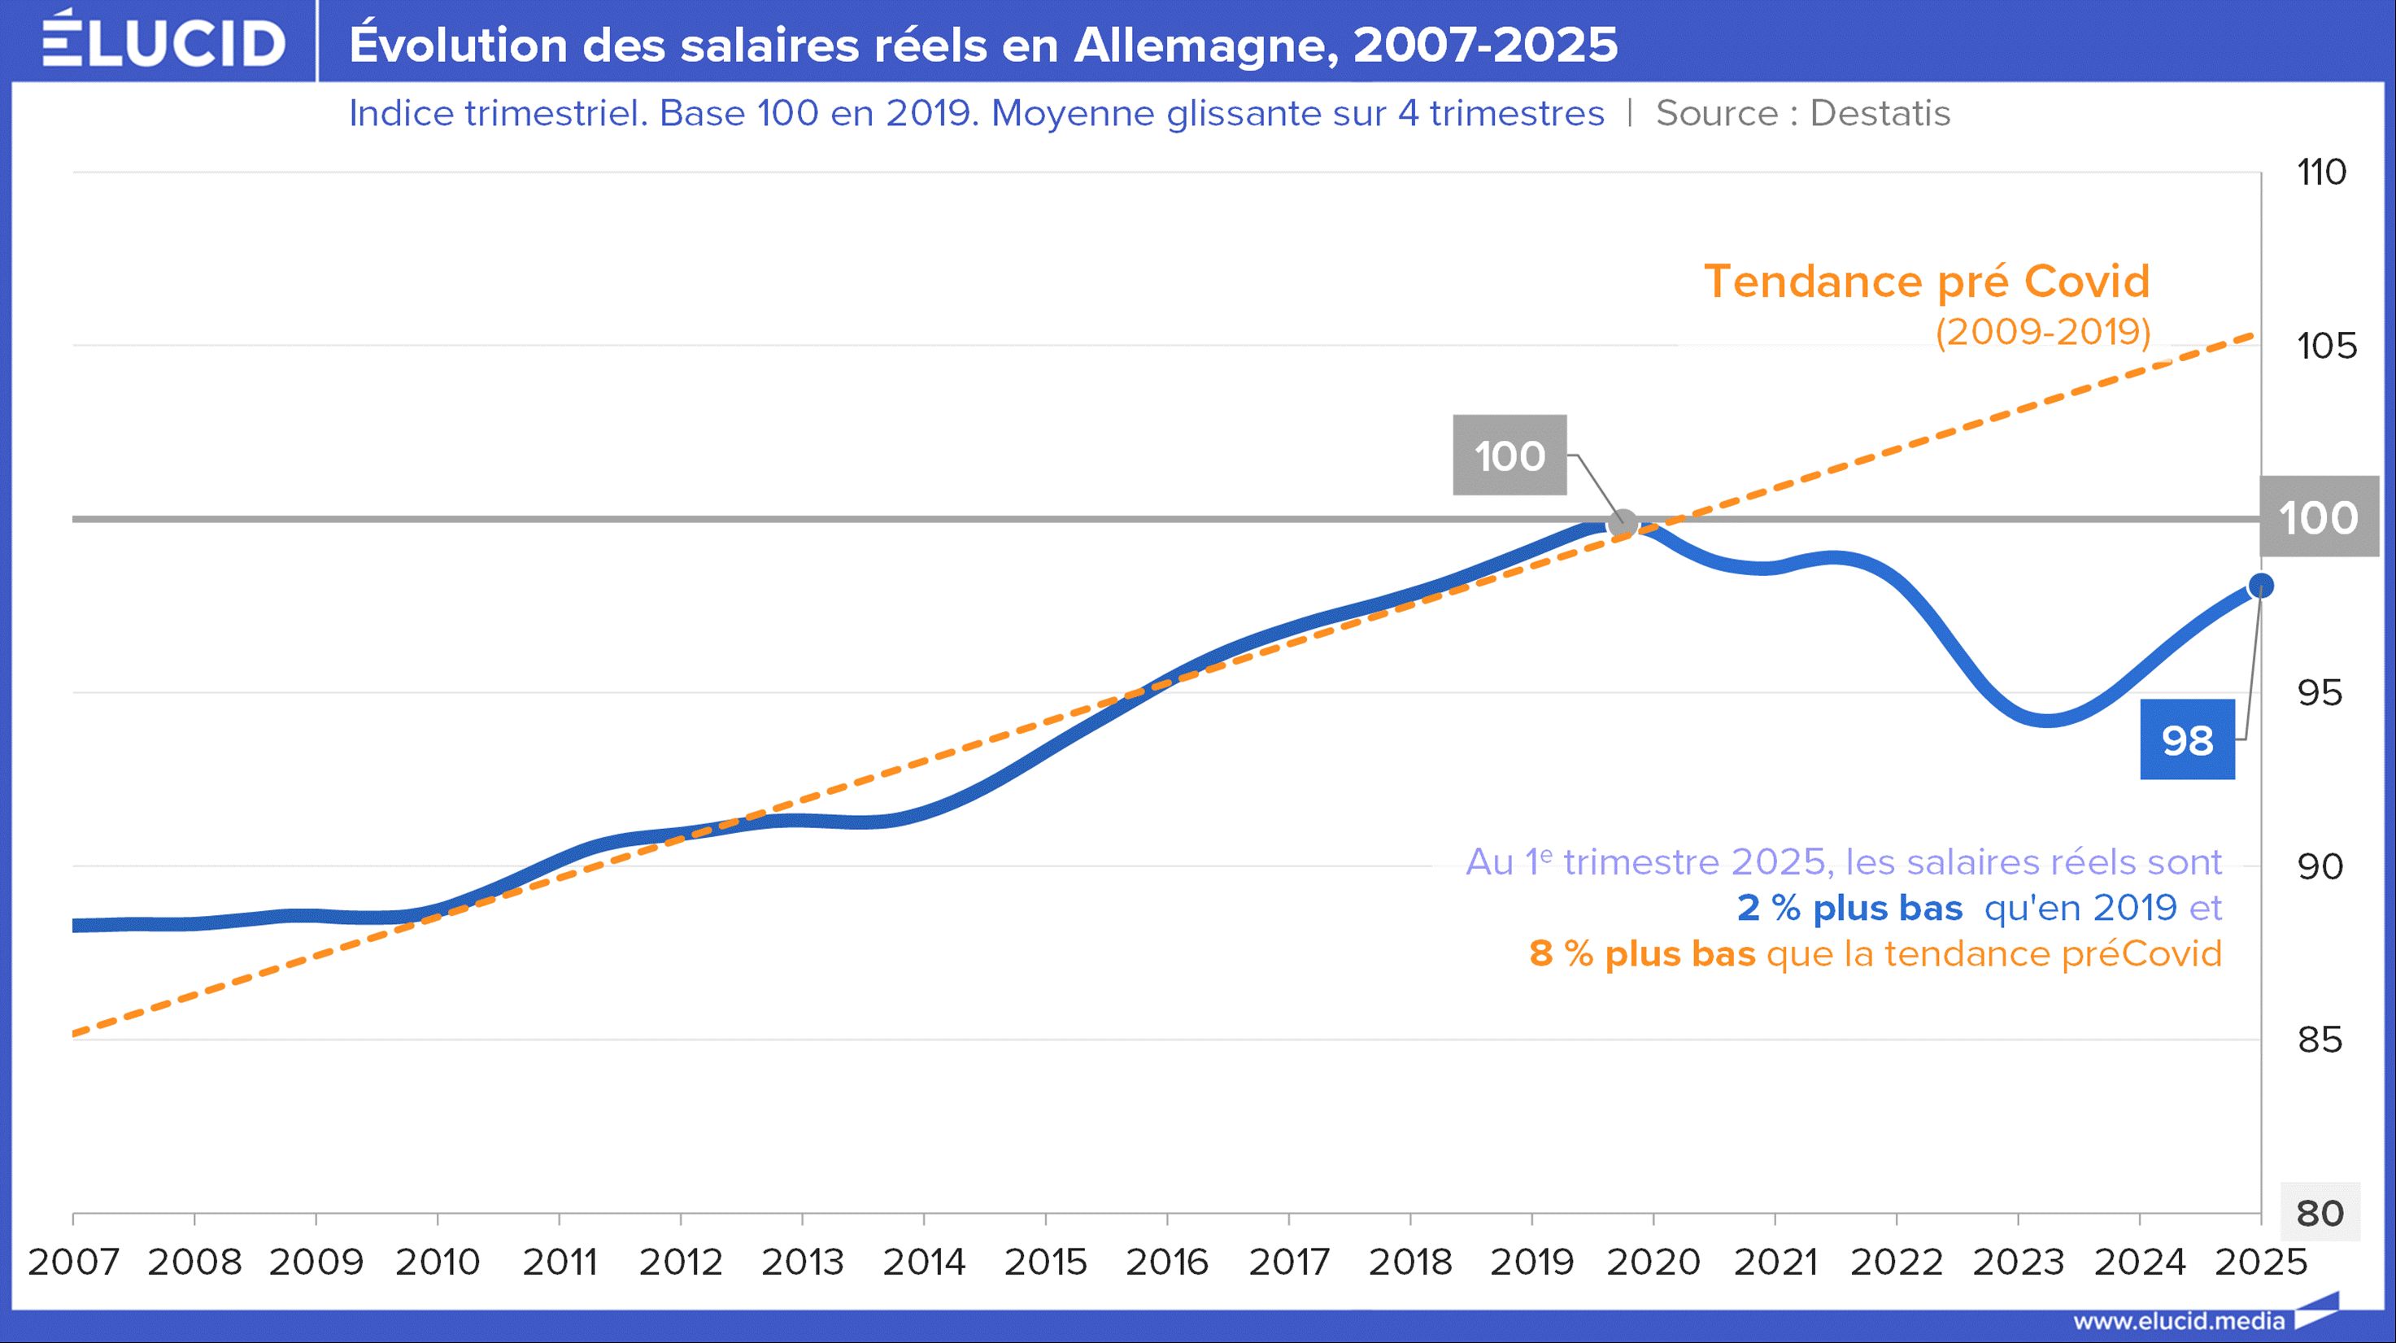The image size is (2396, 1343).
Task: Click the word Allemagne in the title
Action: pos(1205,45)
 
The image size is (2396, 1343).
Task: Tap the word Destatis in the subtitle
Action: pos(1880,113)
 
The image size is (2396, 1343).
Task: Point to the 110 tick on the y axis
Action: pos(2322,172)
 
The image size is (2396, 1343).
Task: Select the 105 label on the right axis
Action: pos(2326,346)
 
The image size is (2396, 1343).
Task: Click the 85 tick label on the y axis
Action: pos(2320,1040)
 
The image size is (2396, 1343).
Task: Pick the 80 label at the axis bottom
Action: pos(2320,1213)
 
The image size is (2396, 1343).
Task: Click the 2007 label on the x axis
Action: pos(73,1262)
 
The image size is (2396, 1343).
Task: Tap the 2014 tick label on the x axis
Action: pos(924,1262)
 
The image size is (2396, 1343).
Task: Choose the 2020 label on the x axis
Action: pos(1653,1262)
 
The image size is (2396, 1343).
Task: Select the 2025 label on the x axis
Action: pos(2260,1262)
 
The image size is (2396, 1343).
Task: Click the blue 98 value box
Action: pos(2187,740)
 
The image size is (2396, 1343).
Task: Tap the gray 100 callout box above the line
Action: pos(1509,456)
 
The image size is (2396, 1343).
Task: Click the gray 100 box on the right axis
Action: pos(2318,517)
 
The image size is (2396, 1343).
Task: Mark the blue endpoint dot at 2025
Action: pos(2261,586)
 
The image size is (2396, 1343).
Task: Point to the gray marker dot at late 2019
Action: pos(1623,524)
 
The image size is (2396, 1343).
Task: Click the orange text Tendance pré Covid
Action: pos(1926,281)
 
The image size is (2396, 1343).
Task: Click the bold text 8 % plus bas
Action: pos(1642,953)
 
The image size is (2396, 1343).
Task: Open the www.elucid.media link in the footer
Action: pos(2178,1321)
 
